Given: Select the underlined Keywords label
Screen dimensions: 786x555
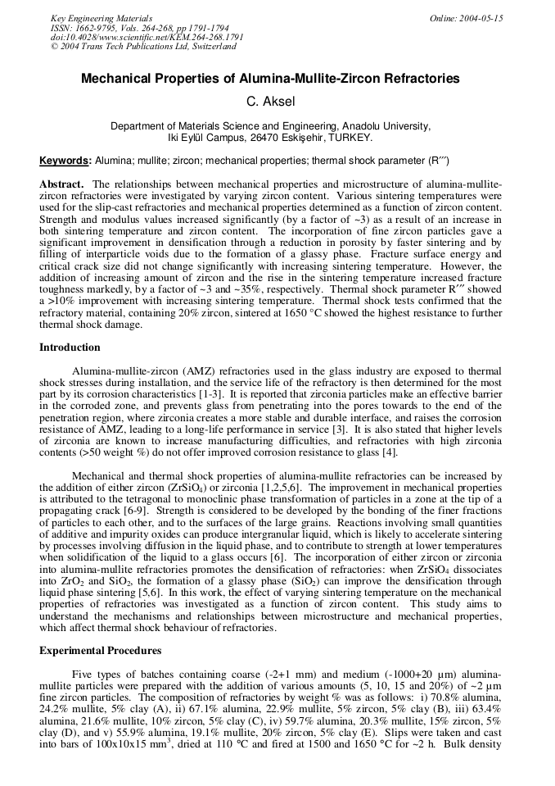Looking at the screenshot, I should (65, 161).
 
